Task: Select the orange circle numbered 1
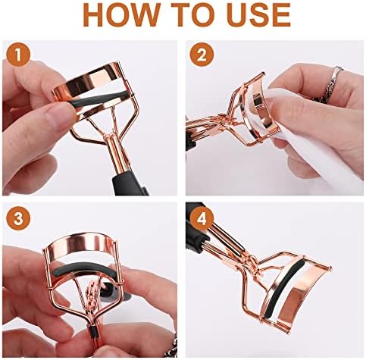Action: coord(18,55)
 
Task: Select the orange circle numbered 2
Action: coord(202,55)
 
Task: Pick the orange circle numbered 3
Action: coord(18,218)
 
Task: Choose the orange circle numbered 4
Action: coord(202,218)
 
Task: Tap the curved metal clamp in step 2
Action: coord(263,115)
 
